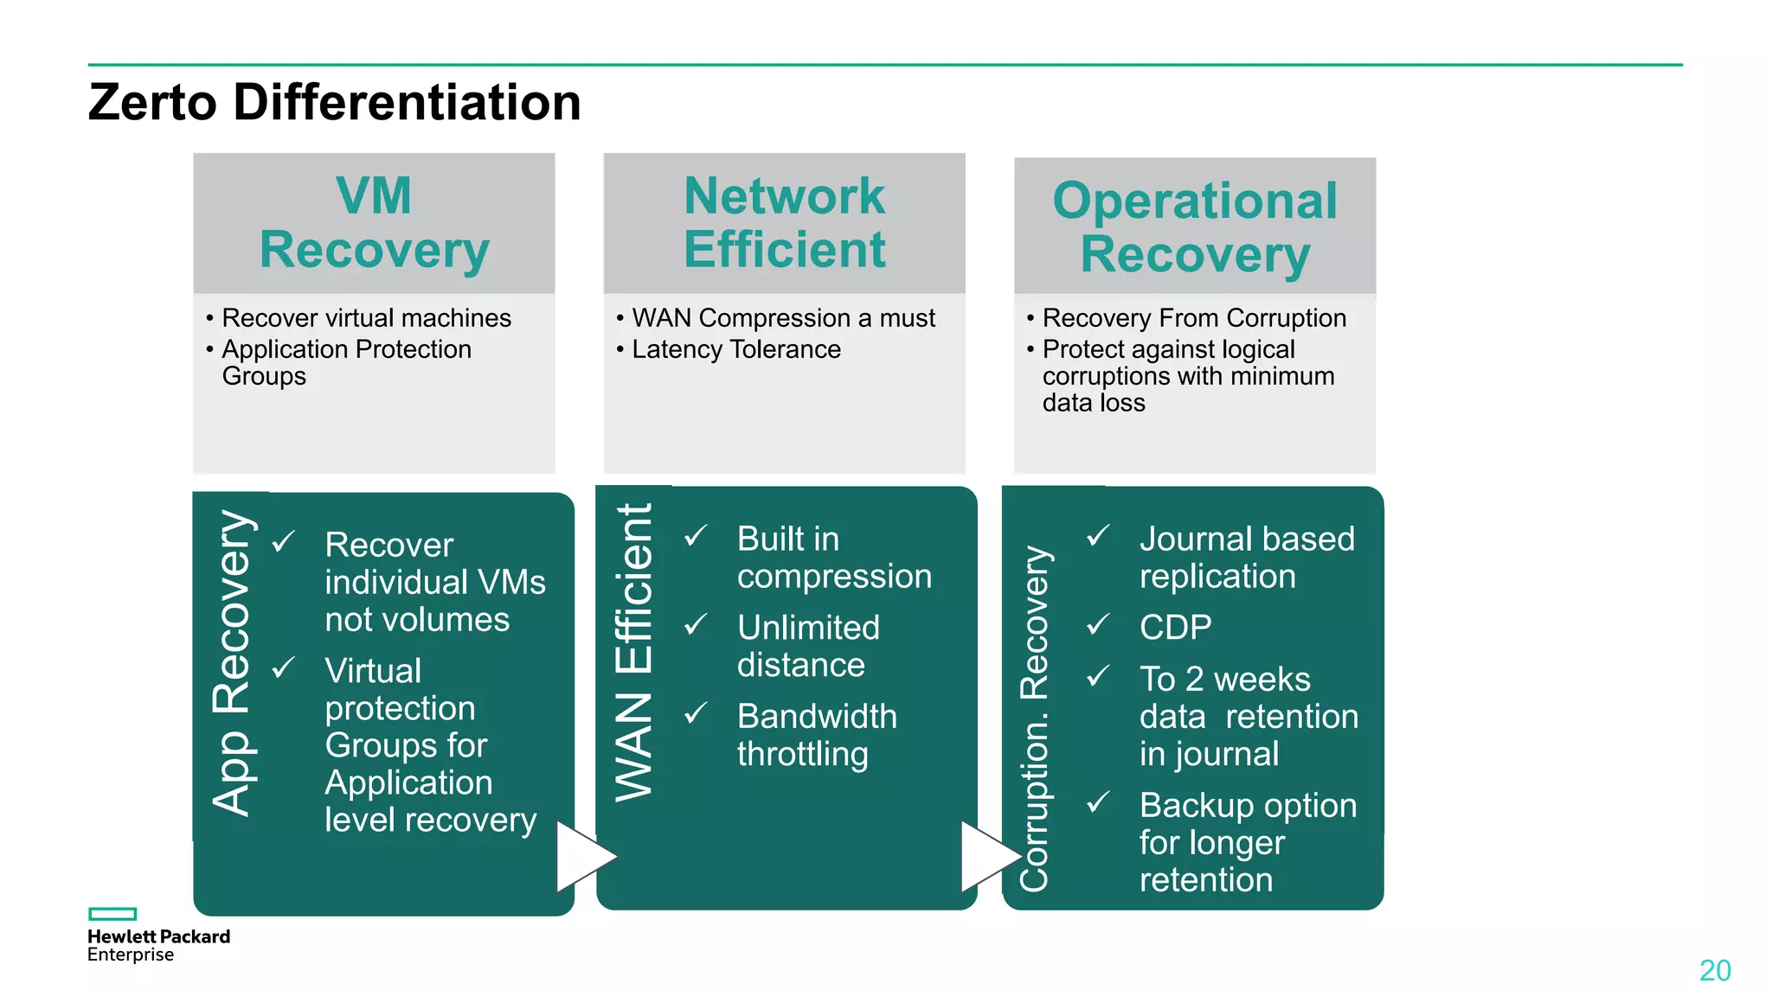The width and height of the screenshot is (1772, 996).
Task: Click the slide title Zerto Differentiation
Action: click(x=334, y=102)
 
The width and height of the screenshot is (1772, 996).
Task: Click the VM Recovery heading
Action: click(x=374, y=223)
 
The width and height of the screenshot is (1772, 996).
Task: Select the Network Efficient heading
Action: click(x=784, y=223)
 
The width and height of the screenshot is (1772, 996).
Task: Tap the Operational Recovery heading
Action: click(x=1195, y=227)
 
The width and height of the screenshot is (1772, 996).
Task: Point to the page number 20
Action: click(x=1714, y=970)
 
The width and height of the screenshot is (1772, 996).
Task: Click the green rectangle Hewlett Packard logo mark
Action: click(x=112, y=914)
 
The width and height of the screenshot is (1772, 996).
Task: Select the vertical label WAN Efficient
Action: click(x=634, y=653)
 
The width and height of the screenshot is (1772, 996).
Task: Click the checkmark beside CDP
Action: click(x=1098, y=624)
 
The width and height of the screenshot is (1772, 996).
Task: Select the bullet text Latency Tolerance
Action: click(x=735, y=349)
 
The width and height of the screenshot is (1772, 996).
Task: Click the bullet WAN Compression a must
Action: click(x=783, y=318)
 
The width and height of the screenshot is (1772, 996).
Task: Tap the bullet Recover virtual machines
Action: click(x=366, y=318)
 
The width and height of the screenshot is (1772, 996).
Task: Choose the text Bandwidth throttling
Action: click(x=816, y=735)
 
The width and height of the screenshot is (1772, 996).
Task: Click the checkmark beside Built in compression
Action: click(x=696, y=536)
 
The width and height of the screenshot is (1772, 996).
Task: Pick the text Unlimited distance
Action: click(x=807, y=646)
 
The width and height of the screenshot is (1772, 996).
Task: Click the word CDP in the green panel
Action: click(x=1175, y=627)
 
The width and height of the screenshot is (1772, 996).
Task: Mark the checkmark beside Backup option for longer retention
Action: click(x=1098, y=802)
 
